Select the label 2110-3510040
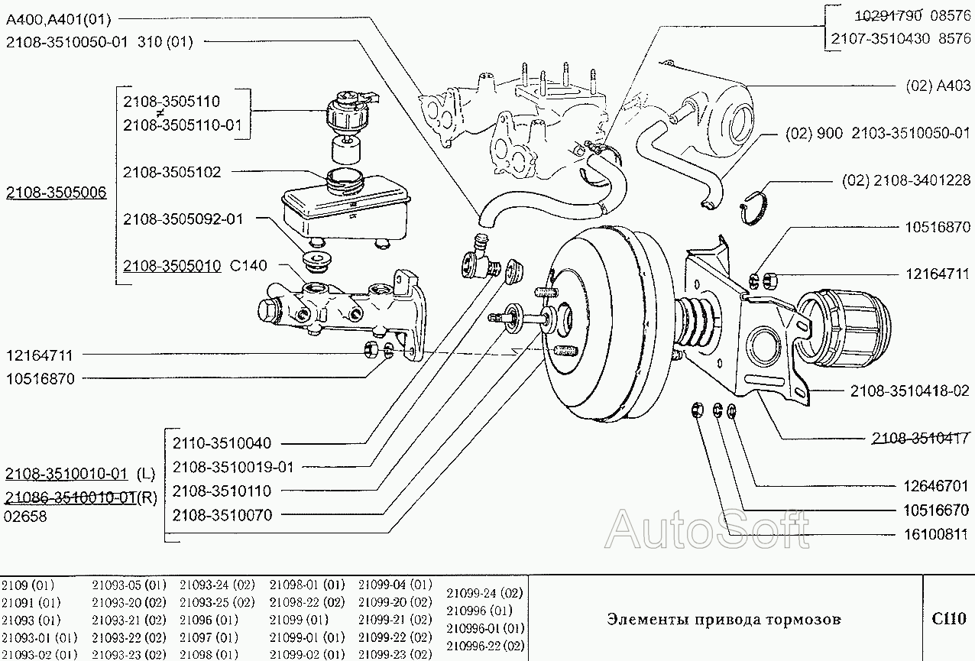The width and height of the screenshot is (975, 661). tap(222, 443)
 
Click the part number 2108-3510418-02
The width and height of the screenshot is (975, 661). tap(909, 390)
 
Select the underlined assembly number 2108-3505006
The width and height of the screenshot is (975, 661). tap(57, 193)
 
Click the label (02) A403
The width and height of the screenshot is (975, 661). tap(938, 86)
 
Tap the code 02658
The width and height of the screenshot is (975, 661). tap(25, 516)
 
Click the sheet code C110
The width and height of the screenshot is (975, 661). tap(948, 619)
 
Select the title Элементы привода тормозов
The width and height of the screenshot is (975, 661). tap(723, 619)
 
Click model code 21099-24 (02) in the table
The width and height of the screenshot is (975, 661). tap(484, 592)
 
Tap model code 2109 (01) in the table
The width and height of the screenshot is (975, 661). tap(28, 585)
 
